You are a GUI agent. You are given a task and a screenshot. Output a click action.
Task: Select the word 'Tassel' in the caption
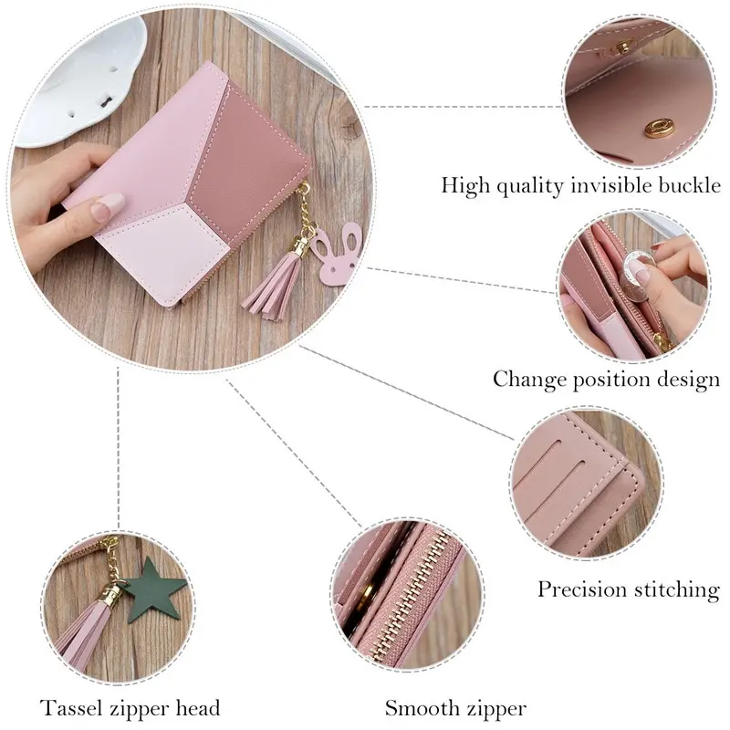[x=69, y=708]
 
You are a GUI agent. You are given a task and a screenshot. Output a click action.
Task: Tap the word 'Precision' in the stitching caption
[x=579, y=589]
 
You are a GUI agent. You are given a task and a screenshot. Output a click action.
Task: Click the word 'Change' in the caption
[x=527, y=378]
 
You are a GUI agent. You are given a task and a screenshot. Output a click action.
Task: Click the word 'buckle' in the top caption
[x=689, y=186]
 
